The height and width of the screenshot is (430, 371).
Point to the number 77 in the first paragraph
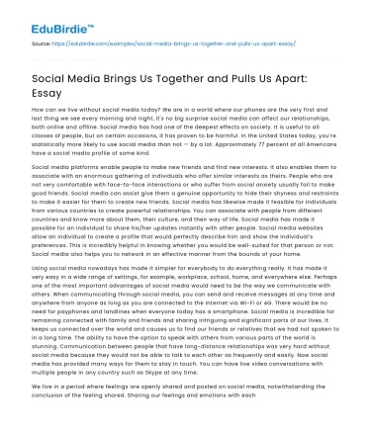271,142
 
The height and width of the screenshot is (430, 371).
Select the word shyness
287,194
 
